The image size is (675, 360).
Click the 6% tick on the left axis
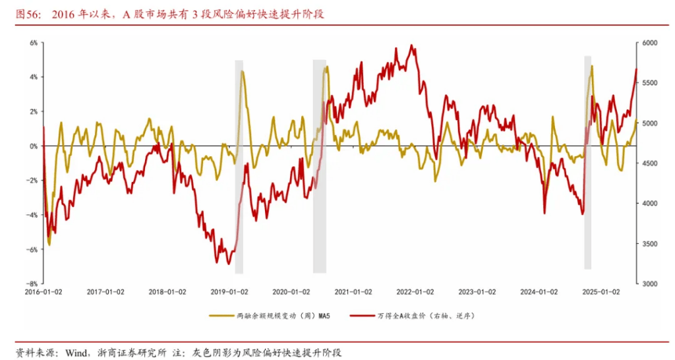(x=33, y=43)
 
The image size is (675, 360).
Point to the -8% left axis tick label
(x=32, y=284)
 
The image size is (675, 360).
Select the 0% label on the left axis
(x=33, y=146)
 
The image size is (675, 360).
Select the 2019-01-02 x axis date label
(x=229, y=291)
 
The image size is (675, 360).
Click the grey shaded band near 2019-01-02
(x=239, y=165)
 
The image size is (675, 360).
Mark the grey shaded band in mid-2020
(x=320, y=165)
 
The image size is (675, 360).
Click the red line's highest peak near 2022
(x=412, y=45)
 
